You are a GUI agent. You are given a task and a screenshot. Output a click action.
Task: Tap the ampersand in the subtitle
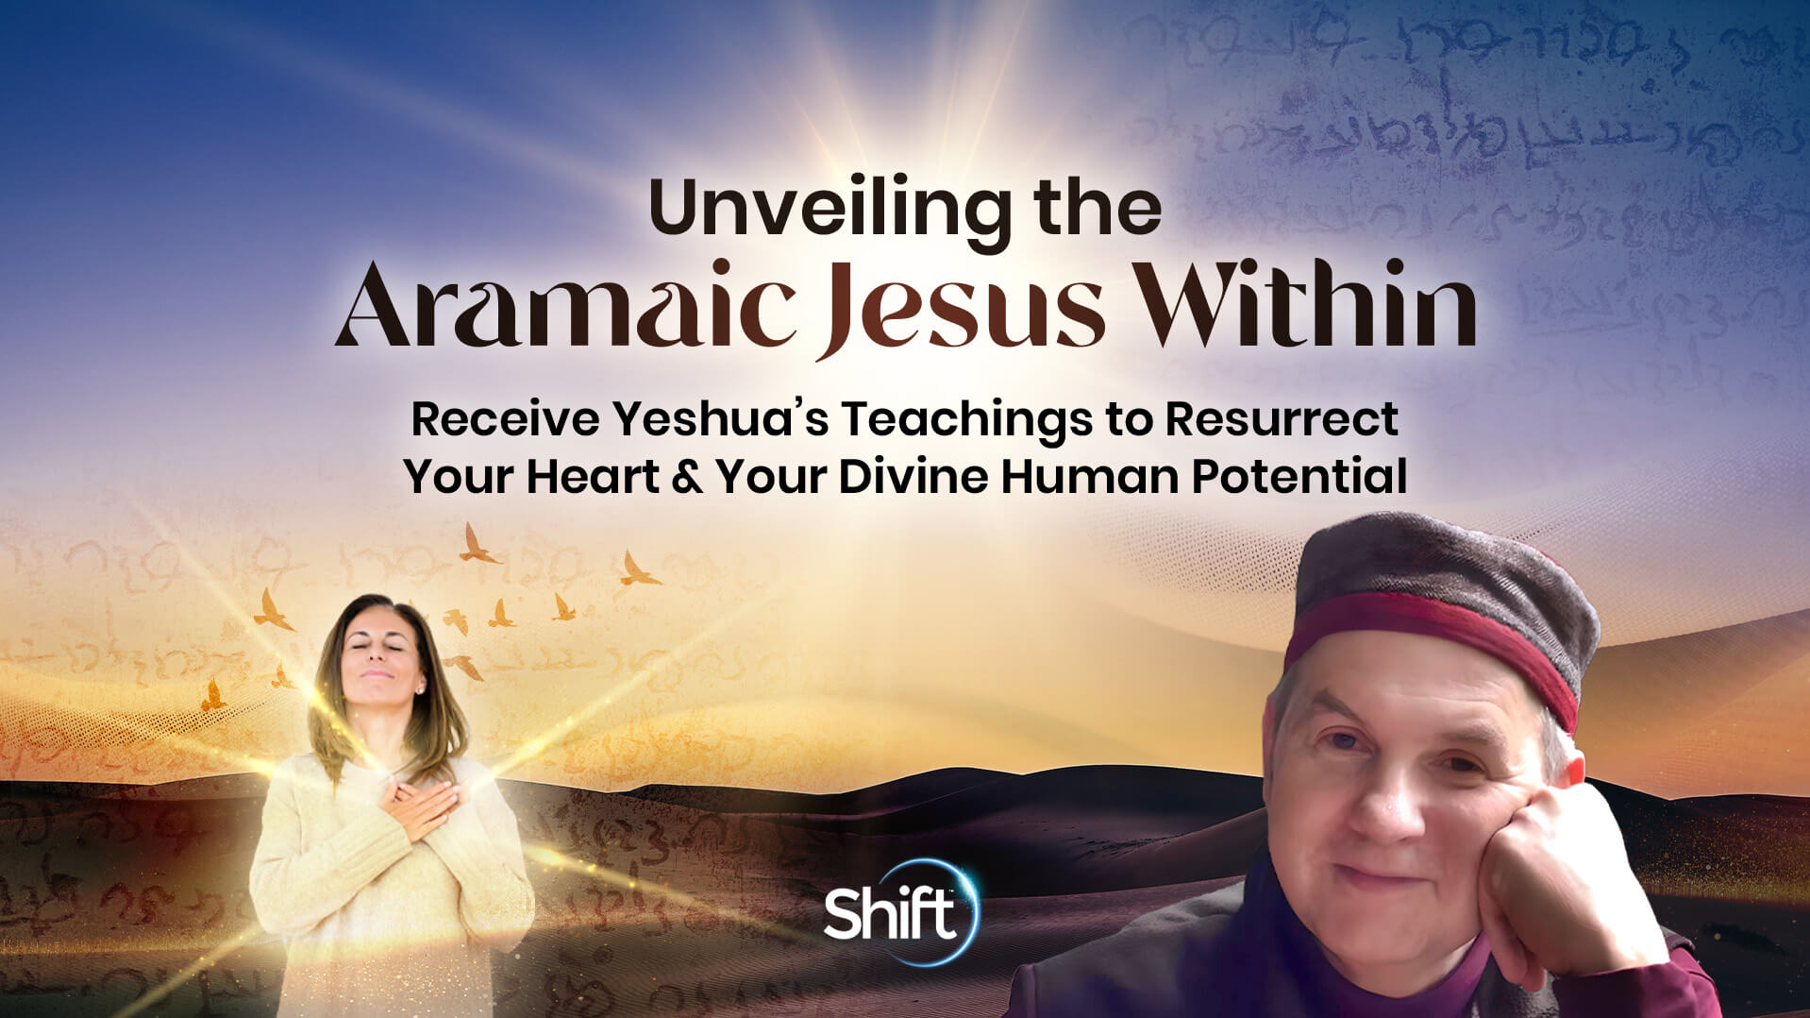pos(687,476)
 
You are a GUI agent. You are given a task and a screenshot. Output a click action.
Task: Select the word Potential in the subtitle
pos(1299,476)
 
